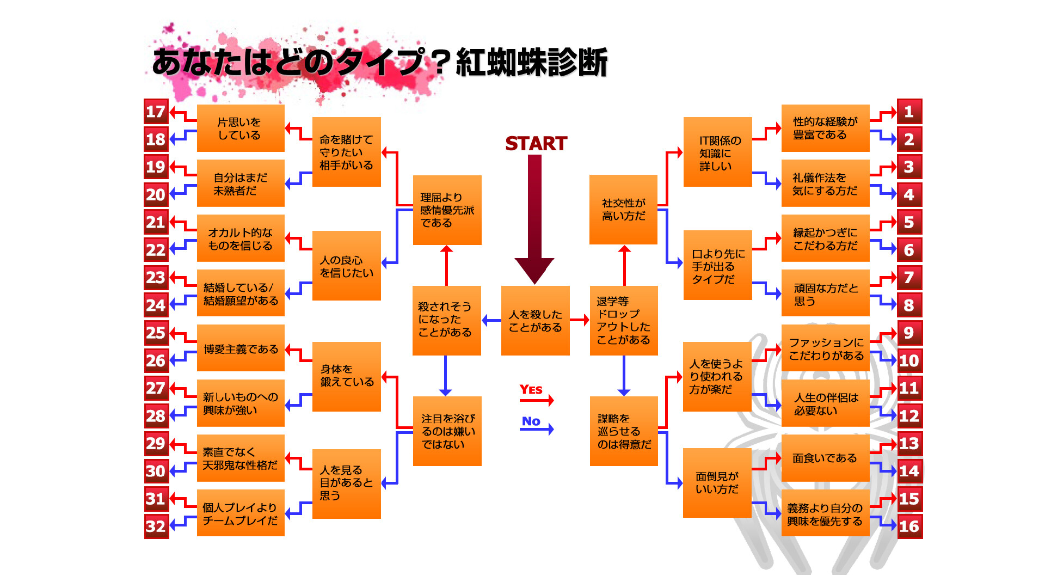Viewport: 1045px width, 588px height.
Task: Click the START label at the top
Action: coord(536,143)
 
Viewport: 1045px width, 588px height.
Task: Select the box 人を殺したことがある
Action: coord(535,321)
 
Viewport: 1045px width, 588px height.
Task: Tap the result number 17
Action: coord(156,112)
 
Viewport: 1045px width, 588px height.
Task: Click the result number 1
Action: coord(909,112)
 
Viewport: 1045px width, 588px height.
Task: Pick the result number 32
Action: coord(156,526)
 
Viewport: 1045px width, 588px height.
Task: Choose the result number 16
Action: coord(909,526)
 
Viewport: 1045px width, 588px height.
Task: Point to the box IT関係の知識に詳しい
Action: coord(717,152)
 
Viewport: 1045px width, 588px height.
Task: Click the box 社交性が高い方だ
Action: coord(623,210)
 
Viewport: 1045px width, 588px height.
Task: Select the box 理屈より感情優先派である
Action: coord(447,210)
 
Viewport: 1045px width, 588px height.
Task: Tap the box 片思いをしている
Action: coord(241,128)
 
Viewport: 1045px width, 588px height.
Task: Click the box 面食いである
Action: coord(825,458)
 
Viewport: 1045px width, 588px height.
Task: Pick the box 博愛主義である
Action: coord(241,348)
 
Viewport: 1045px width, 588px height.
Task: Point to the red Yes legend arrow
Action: coord(537,401)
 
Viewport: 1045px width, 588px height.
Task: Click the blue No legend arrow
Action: coord(537,430)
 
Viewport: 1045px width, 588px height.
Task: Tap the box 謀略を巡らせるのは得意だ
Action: coord(624,431)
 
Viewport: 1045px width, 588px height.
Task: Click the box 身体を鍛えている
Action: coord(346,376)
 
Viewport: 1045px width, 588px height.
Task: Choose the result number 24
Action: coord(156,305)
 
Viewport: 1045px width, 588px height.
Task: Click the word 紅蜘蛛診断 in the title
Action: coord(531,62)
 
